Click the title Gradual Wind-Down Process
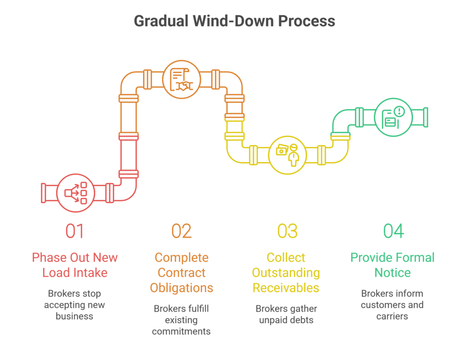(235, 21)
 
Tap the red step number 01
(75, 231)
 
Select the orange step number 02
(181, 231)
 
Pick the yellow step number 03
(287, 231)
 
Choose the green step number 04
(393, 231)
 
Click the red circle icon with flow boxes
(76, 193)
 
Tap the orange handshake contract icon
(182, 80)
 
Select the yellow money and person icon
(287, 155)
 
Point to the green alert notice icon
(393, 117)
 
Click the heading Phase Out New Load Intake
(75, 265)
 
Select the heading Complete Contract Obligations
(181, 273)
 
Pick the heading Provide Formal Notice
(392, 265)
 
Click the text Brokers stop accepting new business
(75, 305)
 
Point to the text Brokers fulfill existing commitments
(181, 319)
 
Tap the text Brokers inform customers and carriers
(392, 305)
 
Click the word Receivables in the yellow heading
(286, 288)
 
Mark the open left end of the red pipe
(43, 193)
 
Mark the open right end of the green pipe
(426, 117)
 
